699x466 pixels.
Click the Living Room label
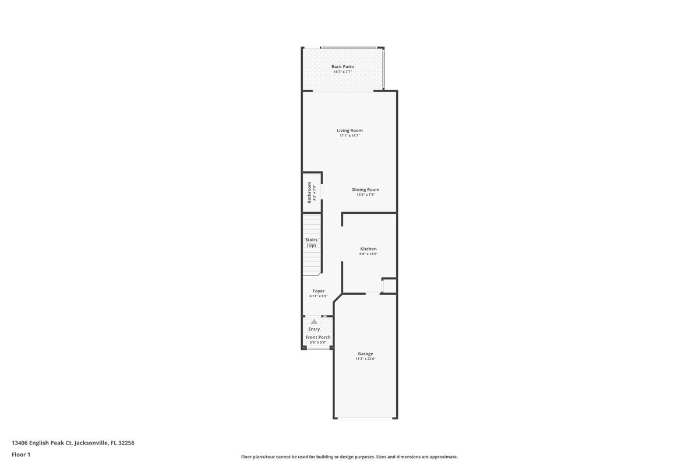(x=349, y=130)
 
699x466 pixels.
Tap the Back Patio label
(x=343, y=66)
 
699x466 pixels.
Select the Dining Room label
(x=365, y=189)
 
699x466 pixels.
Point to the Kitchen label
(x=368, y=249)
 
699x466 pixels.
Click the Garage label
(x=365, y=354)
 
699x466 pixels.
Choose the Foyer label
(x=319, y=291)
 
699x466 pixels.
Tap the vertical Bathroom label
(x=309, y=192)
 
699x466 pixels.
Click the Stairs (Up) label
(x=312, y=242)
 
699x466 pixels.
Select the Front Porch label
(x=318, y=337)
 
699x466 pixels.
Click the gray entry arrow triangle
(x=314, y=322)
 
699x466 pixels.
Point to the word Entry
(x=314, y=329)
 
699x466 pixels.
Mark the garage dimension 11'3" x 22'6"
(x=365, y=359)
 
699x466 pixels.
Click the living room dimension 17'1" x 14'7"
(x=349, y=136)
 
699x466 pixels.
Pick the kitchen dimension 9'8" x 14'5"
(x=368, y=254)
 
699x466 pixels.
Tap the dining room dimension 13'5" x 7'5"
(x=365, y=195)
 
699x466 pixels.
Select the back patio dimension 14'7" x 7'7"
(x=343, y=72)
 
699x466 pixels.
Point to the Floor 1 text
(x=21, y=454)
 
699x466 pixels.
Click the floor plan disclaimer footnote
(x=349, y=457)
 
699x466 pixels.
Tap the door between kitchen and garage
(x=373, y=294)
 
